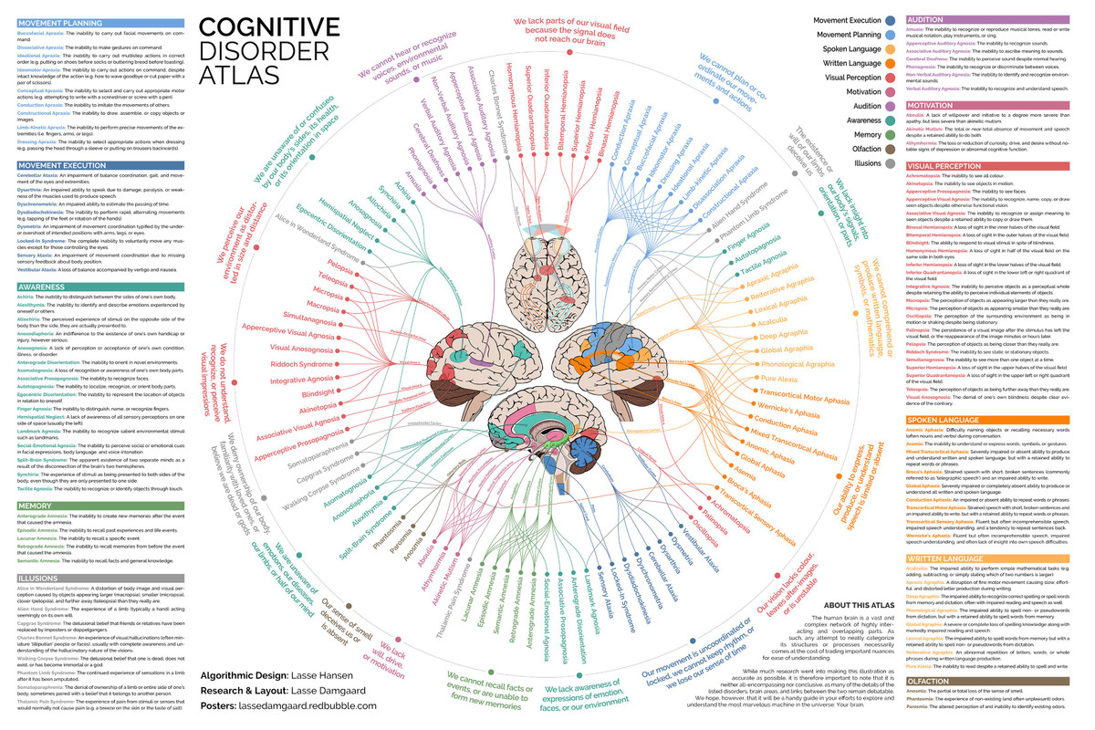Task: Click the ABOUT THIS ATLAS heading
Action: tap(857, 606)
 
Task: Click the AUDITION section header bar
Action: tap(997, 19)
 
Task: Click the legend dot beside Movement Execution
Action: tap(889, 19)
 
